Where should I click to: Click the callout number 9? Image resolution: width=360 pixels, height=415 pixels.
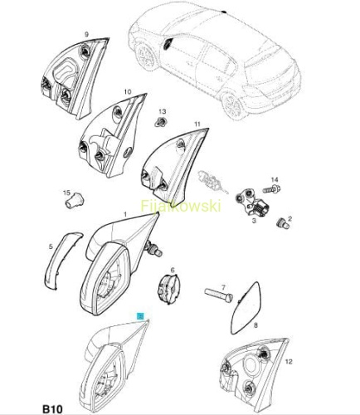tap(86, 35)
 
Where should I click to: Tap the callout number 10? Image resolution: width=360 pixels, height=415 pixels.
tap(128, 91)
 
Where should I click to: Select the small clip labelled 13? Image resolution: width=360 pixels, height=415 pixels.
tap(159, 122)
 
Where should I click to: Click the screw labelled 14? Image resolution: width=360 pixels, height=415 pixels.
tap(271, 190)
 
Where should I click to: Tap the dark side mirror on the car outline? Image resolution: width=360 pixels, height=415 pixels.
tap(168, 44)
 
